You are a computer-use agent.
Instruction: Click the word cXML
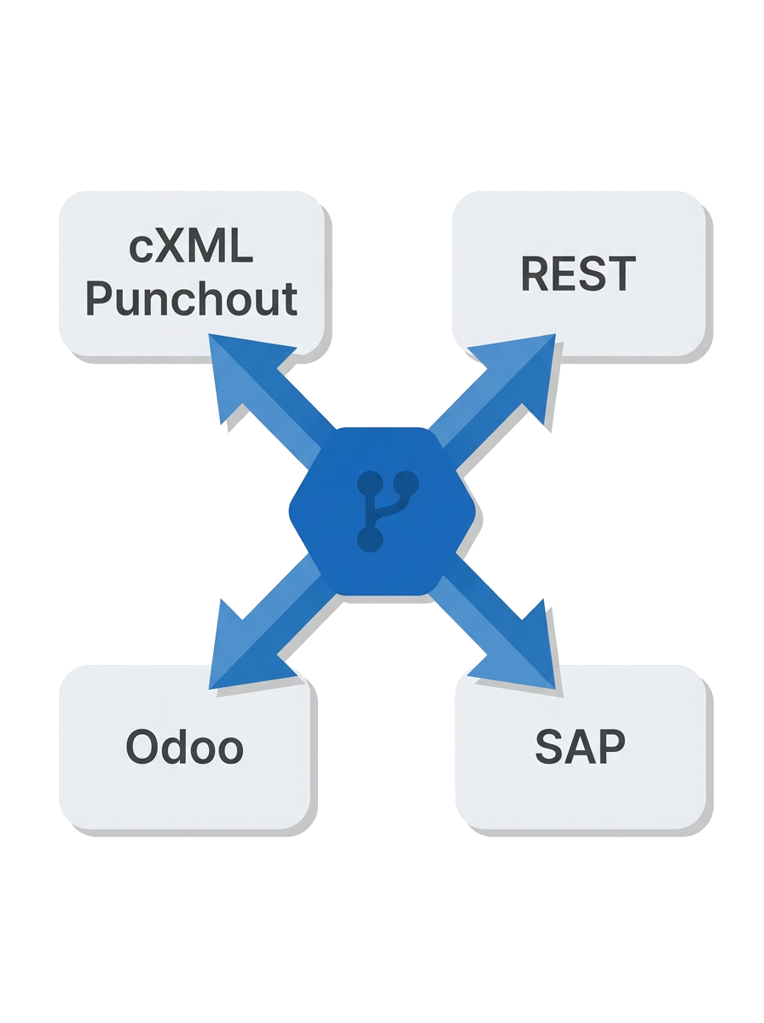(x=191, y=246)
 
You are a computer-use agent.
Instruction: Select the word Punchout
(x=191, y=298)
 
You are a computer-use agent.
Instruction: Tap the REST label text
(x=578, y=273)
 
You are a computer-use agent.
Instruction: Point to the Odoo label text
(x=184, y=747)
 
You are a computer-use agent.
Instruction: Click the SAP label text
(x=580, y=747)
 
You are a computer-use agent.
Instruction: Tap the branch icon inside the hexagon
(x=387, y=511)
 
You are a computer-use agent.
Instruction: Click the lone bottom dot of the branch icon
(x=370, y=540)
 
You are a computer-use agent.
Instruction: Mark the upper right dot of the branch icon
(x=407, y=483)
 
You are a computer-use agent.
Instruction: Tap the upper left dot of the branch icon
(x=370, y=483)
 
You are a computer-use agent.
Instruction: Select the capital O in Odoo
(x=142, y=747)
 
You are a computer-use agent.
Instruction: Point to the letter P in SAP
(x=611, y=747)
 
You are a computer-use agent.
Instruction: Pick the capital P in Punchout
(x=99, y=298)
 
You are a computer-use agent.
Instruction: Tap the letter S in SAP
(x=549, y=747)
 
